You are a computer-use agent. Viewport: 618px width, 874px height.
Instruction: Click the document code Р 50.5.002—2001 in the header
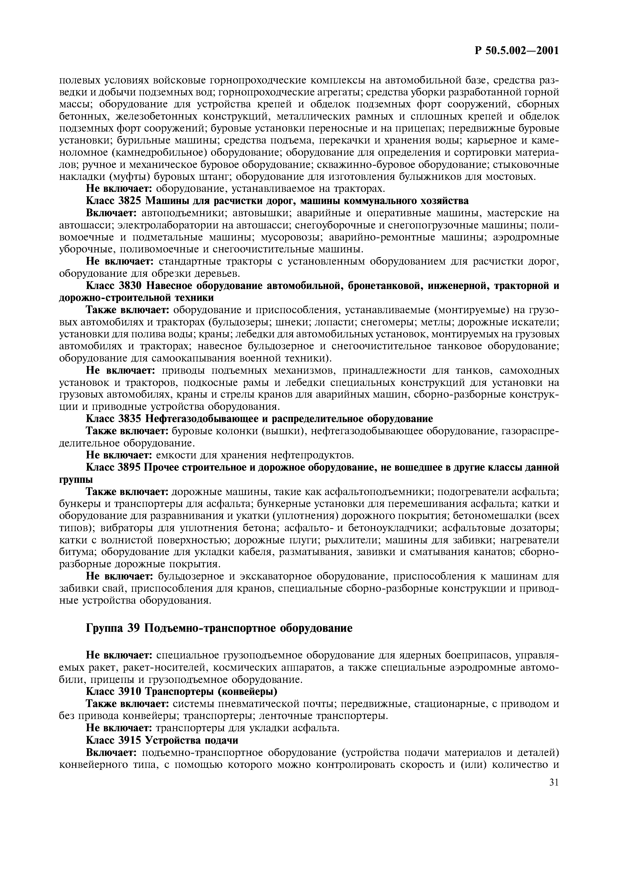click(x=516, y=51)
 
